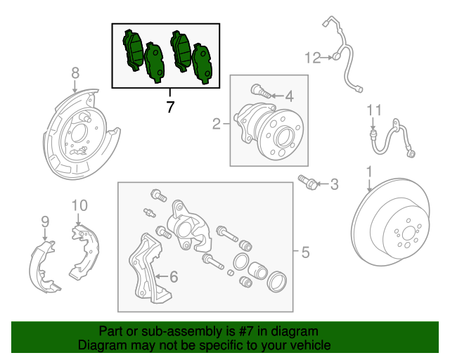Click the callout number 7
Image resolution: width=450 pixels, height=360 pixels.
click(x=169, y=107)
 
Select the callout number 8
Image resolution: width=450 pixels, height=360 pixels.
click(x=75, y=72)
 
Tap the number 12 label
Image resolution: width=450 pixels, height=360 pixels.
click(x=312, y=58)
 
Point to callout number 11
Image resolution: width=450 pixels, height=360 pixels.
click(x=373, y=110)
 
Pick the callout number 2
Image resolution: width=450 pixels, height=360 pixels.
click(x=217, y=125)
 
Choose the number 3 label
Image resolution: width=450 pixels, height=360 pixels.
click(x=334, y=184)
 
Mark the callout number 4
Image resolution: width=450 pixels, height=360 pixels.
click(x=289, y=96)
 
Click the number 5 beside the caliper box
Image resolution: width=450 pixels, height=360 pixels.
click(x=305, y=252)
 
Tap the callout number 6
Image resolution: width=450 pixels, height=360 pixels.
click(x=173, y=278)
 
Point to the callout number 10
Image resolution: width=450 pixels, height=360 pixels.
click(x=79, y=205)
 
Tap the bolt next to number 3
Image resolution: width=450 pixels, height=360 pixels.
click(x=307, y=181)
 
